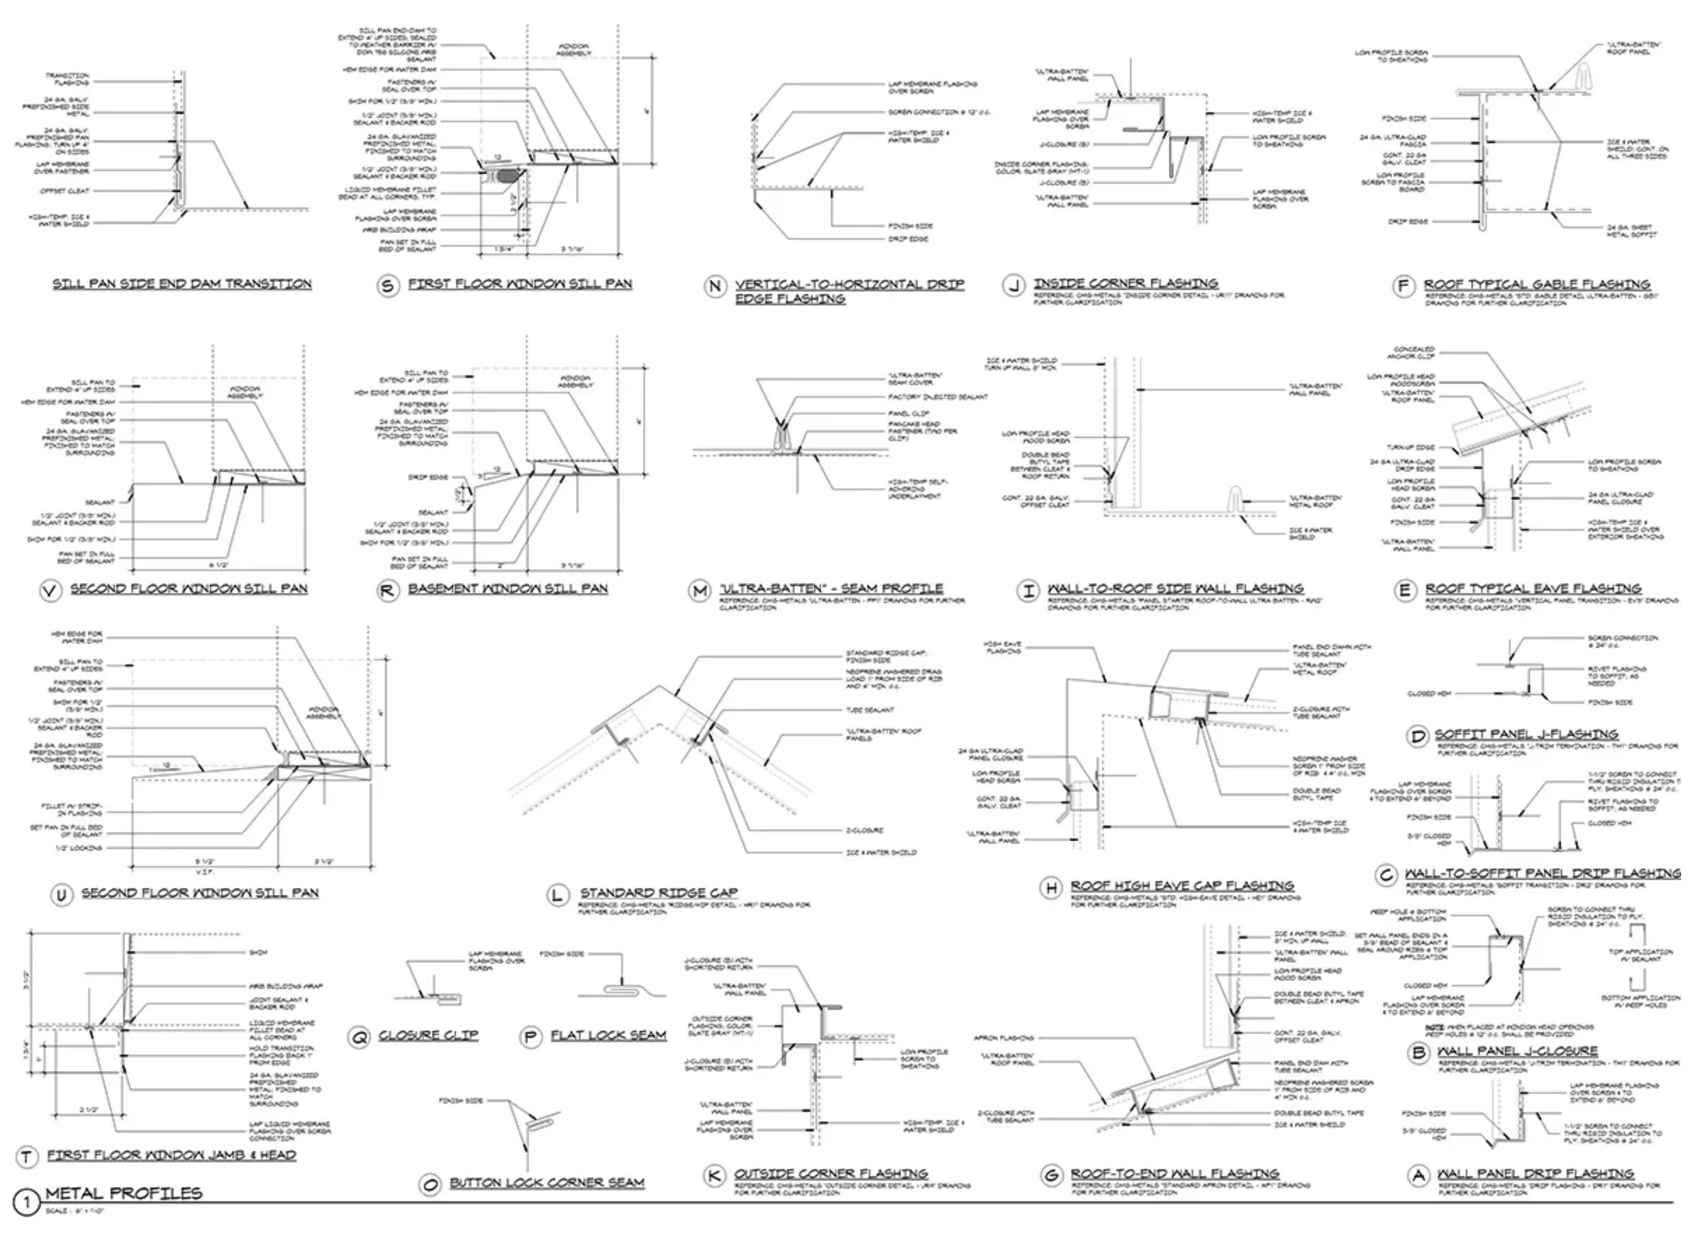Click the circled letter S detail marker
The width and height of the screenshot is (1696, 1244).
click(x=388, y=286)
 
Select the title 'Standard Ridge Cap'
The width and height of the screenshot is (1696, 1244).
click(x=658, y=892)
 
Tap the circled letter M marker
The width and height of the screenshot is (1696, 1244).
click(x=700, y=591)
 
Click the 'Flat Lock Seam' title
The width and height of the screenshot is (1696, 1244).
click(x=608, y=1035)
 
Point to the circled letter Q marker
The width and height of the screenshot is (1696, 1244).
click(x=359, y=1037)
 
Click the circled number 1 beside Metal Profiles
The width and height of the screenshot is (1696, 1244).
click(x=26, y=1202)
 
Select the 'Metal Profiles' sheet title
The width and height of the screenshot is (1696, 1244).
click(x=123, y=1193)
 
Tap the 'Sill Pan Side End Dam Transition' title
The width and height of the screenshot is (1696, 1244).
click(x=181, y=284)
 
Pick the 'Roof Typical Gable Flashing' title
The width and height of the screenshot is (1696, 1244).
click(x=1537, y=285)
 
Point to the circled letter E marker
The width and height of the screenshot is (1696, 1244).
click(x=1404, y=591)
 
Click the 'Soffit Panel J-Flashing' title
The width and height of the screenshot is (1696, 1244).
click(x=1526, y=733)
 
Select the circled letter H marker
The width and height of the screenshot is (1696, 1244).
click(x=1051, y=888)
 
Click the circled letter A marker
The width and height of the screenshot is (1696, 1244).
click(x=1419, y=1175)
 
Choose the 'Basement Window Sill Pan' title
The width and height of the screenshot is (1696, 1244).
click(x=508, y=588)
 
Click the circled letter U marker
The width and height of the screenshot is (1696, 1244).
click(x=61, y=894)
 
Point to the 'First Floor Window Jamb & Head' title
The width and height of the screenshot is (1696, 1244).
click(x=171, y=1155)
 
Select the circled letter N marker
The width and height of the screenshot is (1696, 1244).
click(x=715, y=286)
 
